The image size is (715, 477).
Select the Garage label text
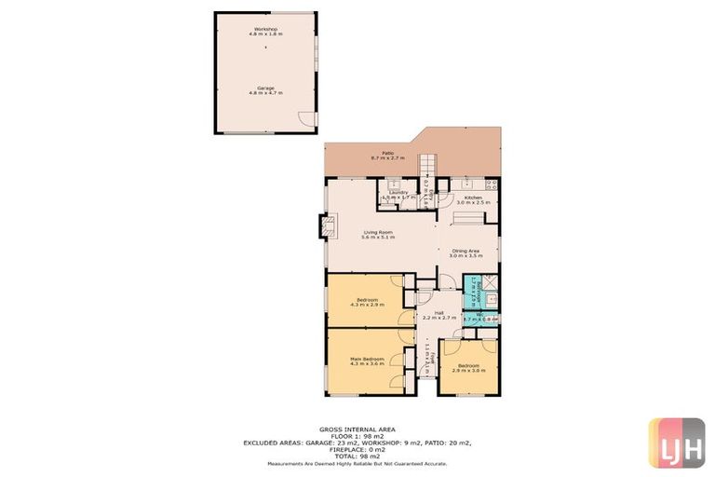[x=265, y=89]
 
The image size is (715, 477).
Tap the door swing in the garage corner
[x=304, y=118]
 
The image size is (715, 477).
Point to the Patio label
[x=386, y=156]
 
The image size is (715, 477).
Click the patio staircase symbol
[x=426, y=167]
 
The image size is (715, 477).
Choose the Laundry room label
[x=398, y=194]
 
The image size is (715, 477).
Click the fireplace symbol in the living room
[x=327, y=225]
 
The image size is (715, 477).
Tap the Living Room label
[x=378, y=235]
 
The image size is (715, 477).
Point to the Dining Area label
[x=465, y=252]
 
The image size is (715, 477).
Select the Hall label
[x=438, y=315]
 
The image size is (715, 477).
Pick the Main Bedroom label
[x=367, y=361]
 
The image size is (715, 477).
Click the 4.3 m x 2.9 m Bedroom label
[x=366, y=302]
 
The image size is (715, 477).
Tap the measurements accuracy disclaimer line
[x=357, y=463]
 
